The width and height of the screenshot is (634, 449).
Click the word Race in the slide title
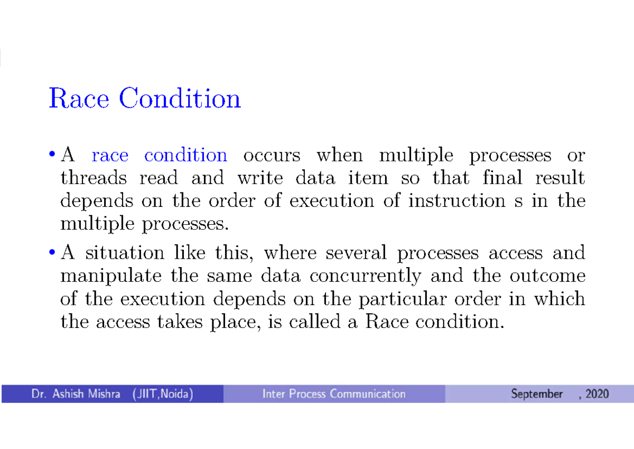coord(79,98)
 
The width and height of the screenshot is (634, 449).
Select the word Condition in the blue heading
coord(180,98)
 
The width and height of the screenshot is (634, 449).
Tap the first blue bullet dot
coord(52,154)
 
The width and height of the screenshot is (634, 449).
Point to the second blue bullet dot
coord(52,252)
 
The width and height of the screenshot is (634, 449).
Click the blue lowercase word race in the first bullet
coord(110,155)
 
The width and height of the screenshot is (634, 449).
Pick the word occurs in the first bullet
coord(272,155)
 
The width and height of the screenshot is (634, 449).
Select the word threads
coord(94,178)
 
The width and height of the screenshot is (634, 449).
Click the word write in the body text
coord(260,178)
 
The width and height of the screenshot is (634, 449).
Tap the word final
coord(502,177)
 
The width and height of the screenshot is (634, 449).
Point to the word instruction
coord(456,200)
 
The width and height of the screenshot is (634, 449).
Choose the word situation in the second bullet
coord(125,252)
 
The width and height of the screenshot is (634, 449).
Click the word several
coord(356,252)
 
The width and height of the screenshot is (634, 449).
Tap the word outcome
coord(548,276)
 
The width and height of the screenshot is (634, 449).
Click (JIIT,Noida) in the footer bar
coord(163,394)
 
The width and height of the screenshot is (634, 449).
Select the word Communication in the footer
coord(368,394)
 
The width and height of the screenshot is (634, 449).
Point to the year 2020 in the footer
coord(597,394)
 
